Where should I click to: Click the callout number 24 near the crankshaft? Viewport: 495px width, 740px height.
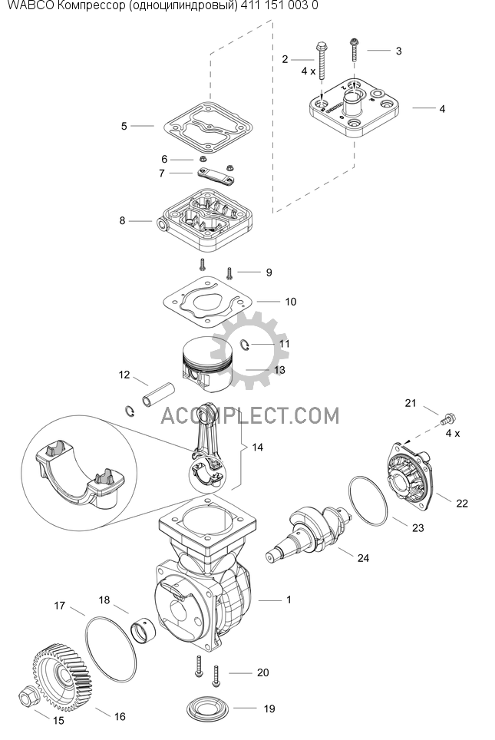(363, 558)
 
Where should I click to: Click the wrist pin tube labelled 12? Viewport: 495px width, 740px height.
(157, 395)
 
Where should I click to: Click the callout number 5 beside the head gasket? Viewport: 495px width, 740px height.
(124, 126)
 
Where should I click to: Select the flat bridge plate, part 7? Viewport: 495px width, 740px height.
(215, 177)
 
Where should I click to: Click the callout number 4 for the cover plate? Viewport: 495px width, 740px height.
(442, 109)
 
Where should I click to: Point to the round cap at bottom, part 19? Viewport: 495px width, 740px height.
(208, 709)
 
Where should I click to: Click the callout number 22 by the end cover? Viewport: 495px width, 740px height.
(462, 503)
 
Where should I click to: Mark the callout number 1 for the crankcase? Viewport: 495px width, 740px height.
(289, 600)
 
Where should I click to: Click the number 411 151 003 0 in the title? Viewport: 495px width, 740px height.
(279, 5)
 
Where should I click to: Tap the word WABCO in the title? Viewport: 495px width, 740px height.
(28, 5)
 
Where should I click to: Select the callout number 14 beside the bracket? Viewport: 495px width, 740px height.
(257, 447)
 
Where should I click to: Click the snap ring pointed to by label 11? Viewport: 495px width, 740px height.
(245, 345)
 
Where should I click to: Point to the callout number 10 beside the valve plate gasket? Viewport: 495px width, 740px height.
(291, 302)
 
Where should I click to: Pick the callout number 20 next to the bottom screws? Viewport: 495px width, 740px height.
(262, 672)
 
